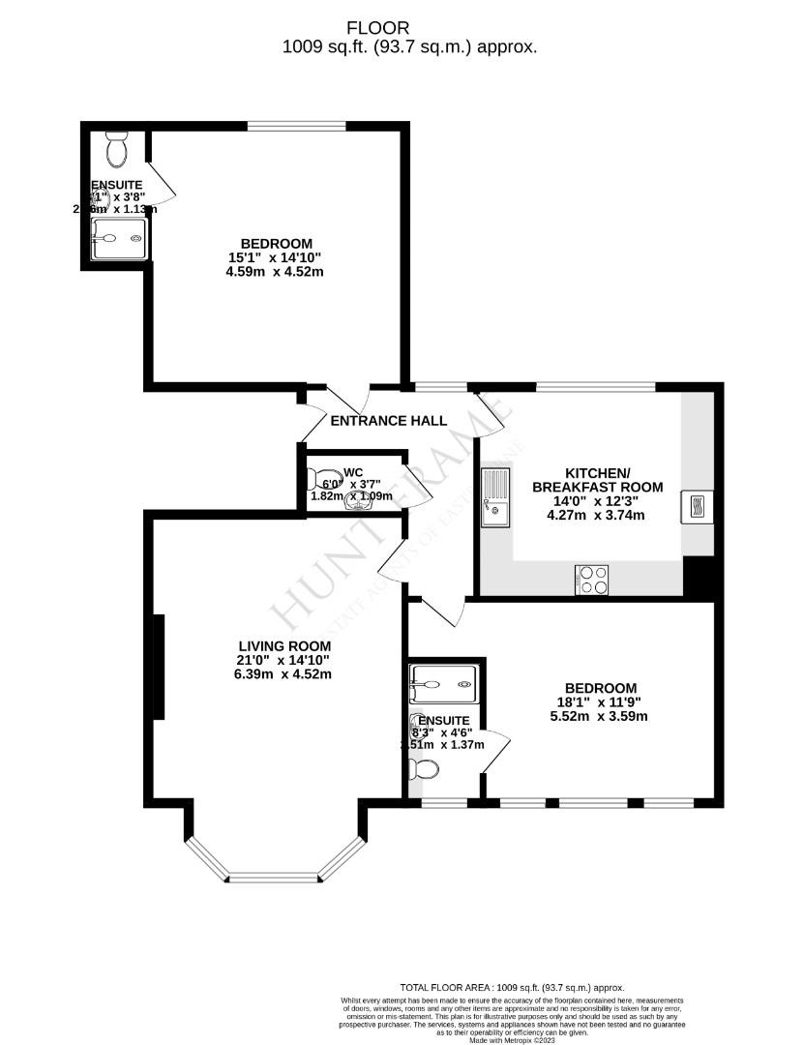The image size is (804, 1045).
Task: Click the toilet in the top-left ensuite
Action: coord(117,151)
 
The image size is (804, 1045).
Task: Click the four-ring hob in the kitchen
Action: coord(592,580)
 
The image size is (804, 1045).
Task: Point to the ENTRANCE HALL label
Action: coord(389,421)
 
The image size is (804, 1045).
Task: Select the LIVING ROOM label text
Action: coord(284,646)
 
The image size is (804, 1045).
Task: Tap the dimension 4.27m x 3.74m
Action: coord(597,515)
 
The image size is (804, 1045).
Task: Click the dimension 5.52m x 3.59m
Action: coord(596,717)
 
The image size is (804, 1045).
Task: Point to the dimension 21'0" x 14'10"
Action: coord(284,661)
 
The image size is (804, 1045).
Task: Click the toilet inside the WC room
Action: coord(321,479)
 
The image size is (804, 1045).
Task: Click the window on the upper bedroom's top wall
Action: coord(296,126)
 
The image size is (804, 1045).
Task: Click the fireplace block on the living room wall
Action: coord(157,667)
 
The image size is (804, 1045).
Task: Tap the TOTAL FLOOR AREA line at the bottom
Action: coord(512,986)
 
